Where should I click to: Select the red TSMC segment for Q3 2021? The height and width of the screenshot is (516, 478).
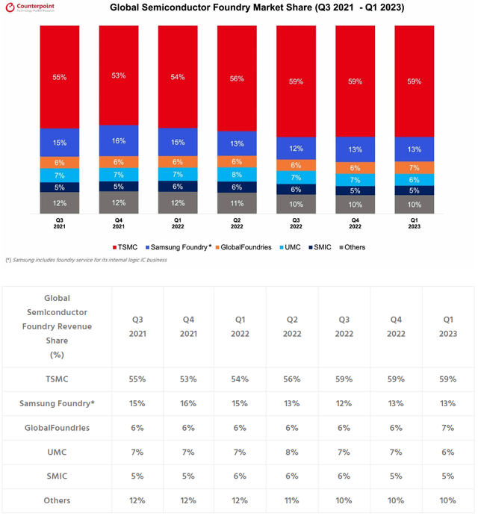pos(60,77)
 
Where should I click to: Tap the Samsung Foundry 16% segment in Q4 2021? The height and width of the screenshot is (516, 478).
pos(119,140)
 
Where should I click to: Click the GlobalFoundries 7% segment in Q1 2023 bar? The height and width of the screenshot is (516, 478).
pos(415,167)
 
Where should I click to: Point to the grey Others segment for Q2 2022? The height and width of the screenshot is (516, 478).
pos(237,203)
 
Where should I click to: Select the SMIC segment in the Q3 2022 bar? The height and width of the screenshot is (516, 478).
pos(296,190)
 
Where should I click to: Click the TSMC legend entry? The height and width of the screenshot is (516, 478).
pos(125,247)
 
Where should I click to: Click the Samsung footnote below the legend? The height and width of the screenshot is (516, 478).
pos(86,260)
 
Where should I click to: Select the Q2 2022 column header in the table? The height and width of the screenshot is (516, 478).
pos(292,326)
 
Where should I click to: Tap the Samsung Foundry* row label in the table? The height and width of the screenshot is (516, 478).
pos(57,403)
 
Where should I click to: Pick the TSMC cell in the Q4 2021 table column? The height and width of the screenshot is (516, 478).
pos(187,379)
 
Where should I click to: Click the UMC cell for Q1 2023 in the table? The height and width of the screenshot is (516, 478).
pos(448,452)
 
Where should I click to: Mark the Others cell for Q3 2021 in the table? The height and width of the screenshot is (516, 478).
pos(137,500)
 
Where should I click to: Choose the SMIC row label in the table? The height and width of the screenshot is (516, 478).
pos(57,476)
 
